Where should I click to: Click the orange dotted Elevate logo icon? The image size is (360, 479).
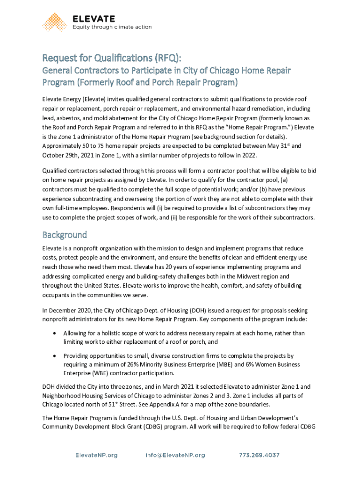click(55, 22)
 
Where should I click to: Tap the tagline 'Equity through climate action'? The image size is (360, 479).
click(112, 27)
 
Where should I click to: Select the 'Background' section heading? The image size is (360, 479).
click(65, 234)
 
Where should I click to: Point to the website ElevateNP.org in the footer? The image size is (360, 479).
click(97, 455)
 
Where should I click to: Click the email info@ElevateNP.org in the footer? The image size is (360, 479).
click(175, 455)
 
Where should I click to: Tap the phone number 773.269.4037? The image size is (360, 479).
click(259, 455)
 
